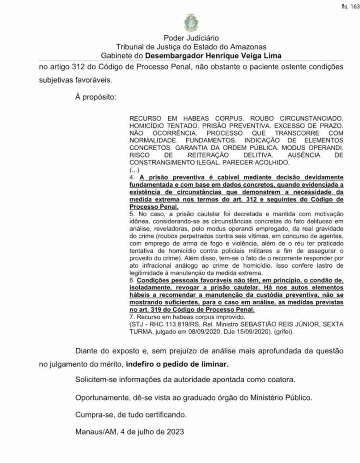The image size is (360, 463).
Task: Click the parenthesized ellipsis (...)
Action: coord(135,170)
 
